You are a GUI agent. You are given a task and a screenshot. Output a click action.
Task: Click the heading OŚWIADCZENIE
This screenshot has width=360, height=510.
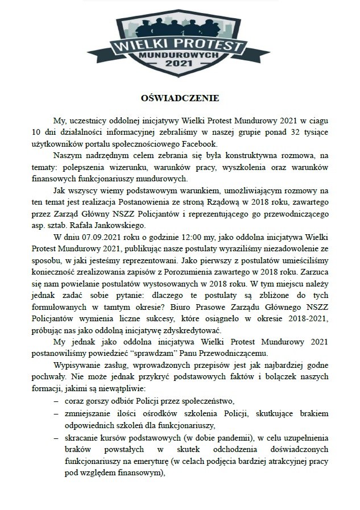[179, 98]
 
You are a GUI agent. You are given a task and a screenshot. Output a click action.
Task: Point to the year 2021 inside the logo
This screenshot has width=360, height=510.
[179, 66]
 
